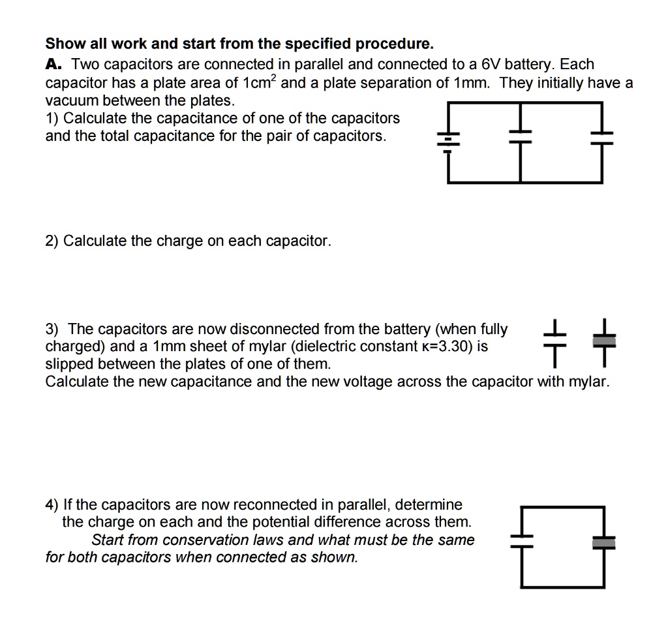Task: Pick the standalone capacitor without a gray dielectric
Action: (x=554, y=341)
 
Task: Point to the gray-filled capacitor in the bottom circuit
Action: (x=603, y=541)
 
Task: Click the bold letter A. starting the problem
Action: (x=53, y=65)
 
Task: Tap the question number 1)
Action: (x=52, y=118)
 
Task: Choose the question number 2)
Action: (x=52, y=241)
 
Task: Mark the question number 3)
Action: (x=52, y=329)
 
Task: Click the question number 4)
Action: (x=52, y=504)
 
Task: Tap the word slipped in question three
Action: (x=67, y=364)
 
